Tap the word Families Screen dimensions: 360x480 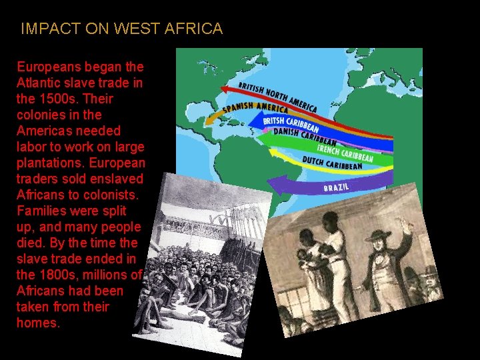[42, 211]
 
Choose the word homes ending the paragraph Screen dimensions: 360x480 [38, 323]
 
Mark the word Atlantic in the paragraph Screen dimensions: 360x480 [39, 83]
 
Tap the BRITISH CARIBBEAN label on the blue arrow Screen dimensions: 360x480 [291, 125]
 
